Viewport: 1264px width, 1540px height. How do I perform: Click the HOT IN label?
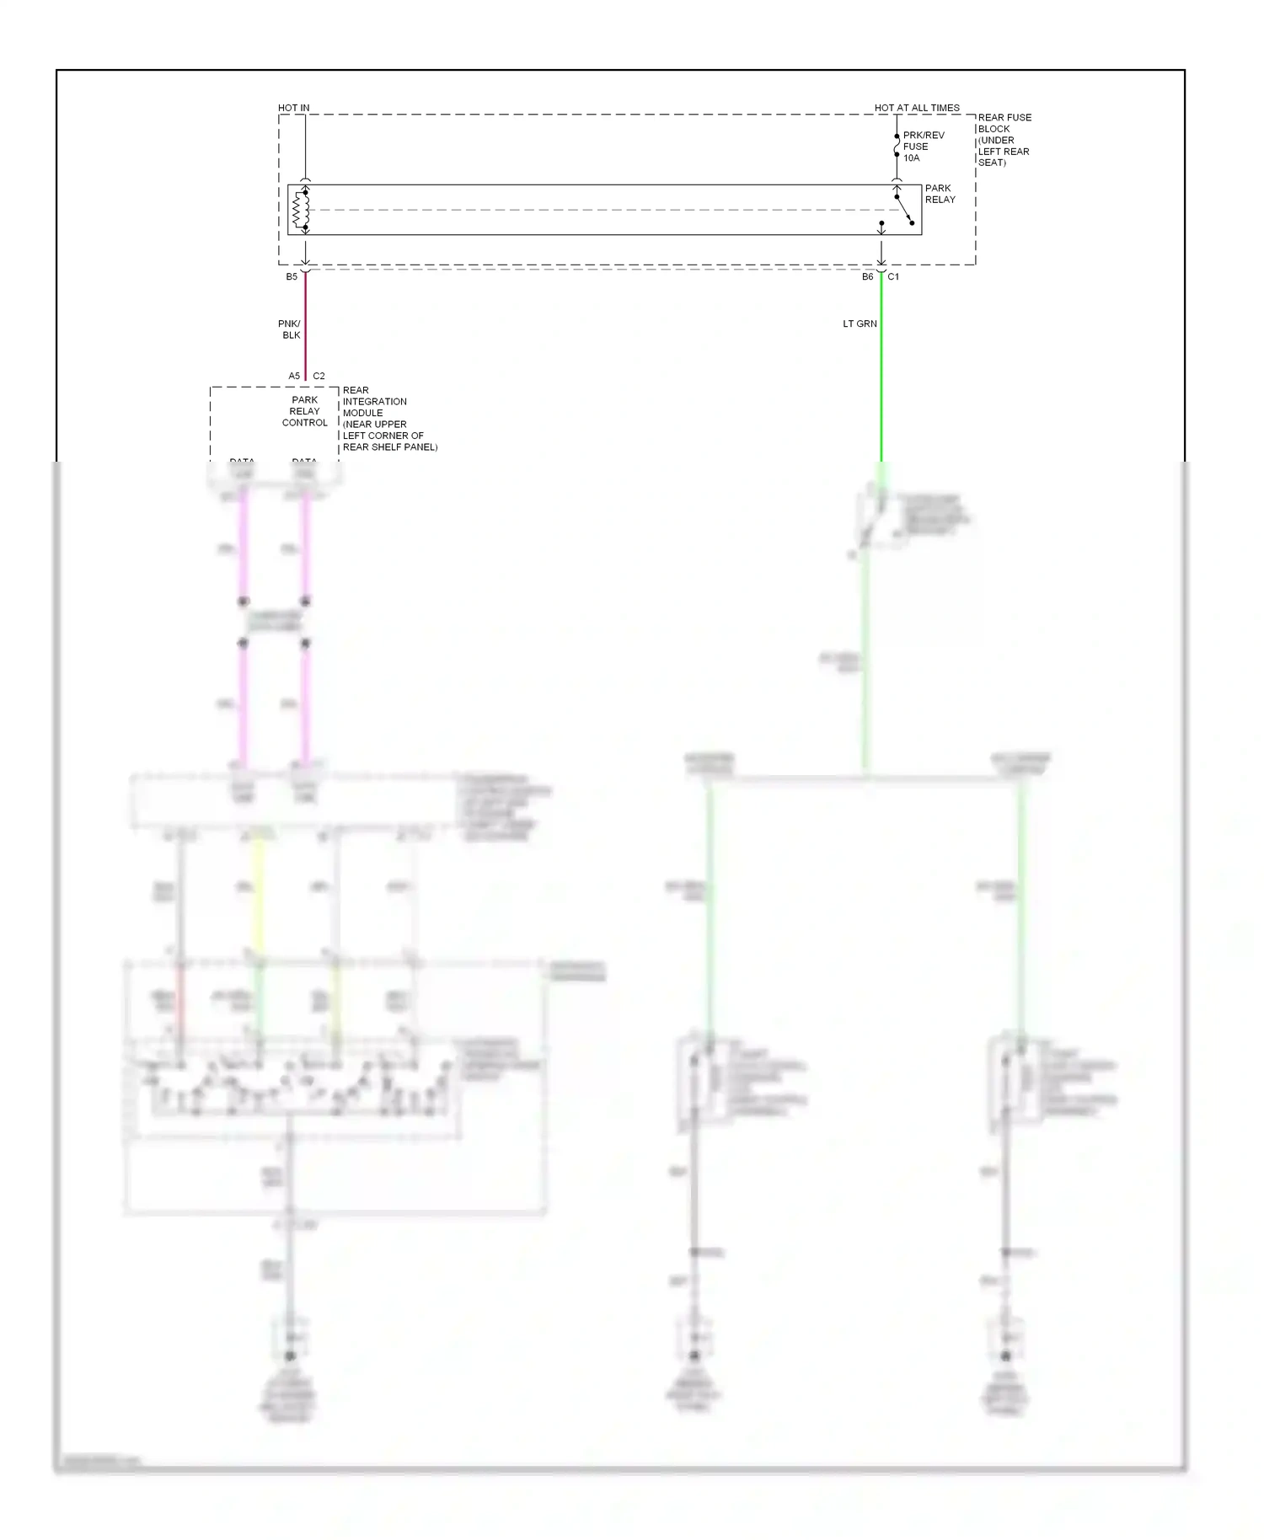[x=293, y=108]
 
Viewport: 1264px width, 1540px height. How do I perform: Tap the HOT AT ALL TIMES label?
[x=917, y=108]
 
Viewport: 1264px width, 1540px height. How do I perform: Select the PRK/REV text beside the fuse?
[x=924, y=135]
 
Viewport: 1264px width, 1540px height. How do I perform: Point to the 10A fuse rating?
[x=911, y=158]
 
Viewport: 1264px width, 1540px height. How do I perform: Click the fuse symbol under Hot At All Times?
[x=897, y=146]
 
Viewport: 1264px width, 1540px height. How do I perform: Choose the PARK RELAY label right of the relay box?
[x=940, y=194]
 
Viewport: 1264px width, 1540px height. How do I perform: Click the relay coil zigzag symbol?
[x=300, y=211]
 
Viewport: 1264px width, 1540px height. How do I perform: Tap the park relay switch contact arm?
[x=904, y=210]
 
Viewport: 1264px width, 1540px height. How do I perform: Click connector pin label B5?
[x=292, y=277]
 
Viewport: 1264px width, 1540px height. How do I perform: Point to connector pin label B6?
[x=867, y=277]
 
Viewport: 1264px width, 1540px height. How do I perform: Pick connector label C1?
[x=893, y=277]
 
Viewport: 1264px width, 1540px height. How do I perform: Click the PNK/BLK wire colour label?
[x=290, y=329]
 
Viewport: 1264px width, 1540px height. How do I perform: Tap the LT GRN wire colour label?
[x=860, y=324]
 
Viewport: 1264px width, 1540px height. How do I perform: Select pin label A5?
[x=294, y=377]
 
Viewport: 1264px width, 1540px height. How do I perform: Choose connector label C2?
[x=319, y=377]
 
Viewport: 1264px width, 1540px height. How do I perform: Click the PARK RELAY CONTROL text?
[x=304, y=411]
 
